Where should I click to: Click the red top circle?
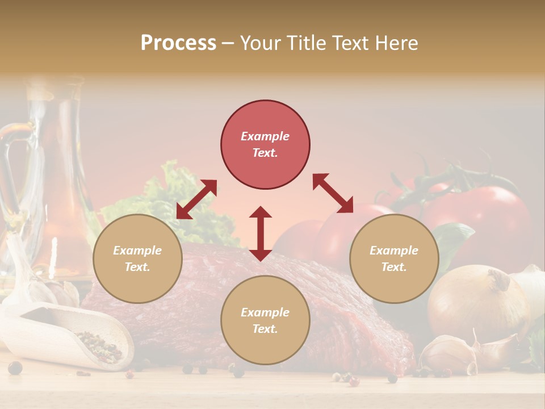click(265, 144)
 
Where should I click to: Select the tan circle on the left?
click(137, 258)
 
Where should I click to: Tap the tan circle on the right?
click(394, 258)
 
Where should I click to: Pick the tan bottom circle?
click(265, 320)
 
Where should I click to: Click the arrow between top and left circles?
click(196, 199)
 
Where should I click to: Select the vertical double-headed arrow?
click(261, 233)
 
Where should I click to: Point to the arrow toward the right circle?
click(333, 193)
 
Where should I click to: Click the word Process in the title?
click(178, 43)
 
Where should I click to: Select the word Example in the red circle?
click(265, 136)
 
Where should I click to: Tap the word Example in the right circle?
click(393, 251)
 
